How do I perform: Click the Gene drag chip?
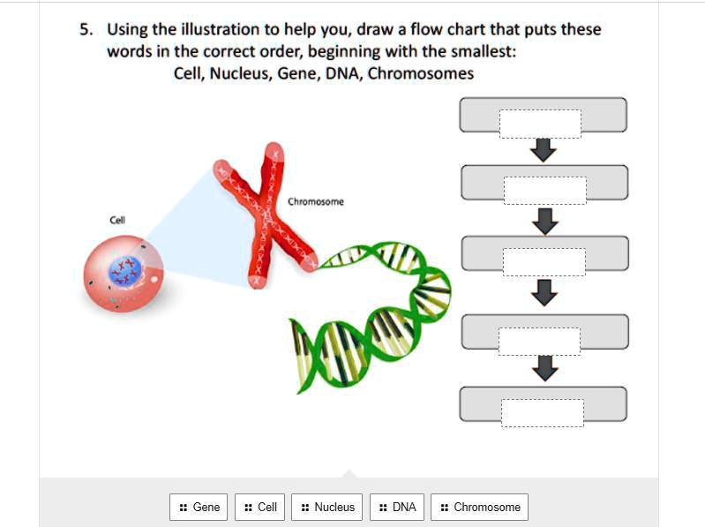point(199,507)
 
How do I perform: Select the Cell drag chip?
point(260,507)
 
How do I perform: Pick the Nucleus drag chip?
point(327,507)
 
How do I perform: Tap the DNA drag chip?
point(397,507)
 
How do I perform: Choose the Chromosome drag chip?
point(480,507)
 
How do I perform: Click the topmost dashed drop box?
point(540,124)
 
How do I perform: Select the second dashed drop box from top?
point(544,190)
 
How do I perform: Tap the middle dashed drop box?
point(544,261)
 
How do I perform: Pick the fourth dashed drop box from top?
point(538,341)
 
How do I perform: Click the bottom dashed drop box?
point(542,412)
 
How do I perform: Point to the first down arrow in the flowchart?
point(544,151)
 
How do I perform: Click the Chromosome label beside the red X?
point(316,202)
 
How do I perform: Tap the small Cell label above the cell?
point(117,220)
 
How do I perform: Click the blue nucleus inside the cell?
point(124,271)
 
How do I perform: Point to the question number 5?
point(86,29)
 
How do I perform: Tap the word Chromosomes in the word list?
point(421,73)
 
